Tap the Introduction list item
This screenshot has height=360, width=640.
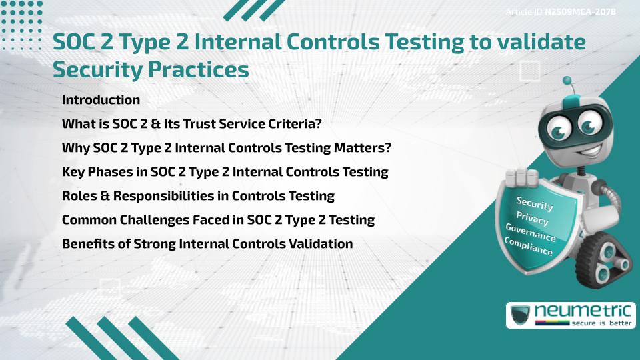coord(101,100)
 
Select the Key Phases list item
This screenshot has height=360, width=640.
coord(225,172)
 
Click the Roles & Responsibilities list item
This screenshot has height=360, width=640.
coord(198,196)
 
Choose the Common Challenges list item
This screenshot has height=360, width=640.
coord(218,220)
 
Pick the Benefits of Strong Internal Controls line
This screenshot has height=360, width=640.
coord(207,244)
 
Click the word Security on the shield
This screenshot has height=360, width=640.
coord(535,203)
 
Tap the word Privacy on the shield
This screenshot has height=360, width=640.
coord(533,218)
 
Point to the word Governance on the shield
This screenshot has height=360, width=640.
coord(530,233)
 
